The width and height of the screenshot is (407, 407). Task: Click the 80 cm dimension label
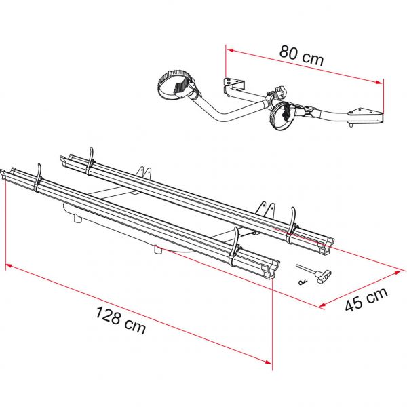click(301, 56)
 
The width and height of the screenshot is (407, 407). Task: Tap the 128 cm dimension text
click(121, 319)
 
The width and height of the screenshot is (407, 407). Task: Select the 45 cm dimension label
click(366, 299)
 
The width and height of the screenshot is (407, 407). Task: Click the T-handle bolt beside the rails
click(315, 272)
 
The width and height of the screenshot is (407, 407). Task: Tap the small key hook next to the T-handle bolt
click(303, 282)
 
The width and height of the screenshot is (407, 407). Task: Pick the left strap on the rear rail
click(90, 161)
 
